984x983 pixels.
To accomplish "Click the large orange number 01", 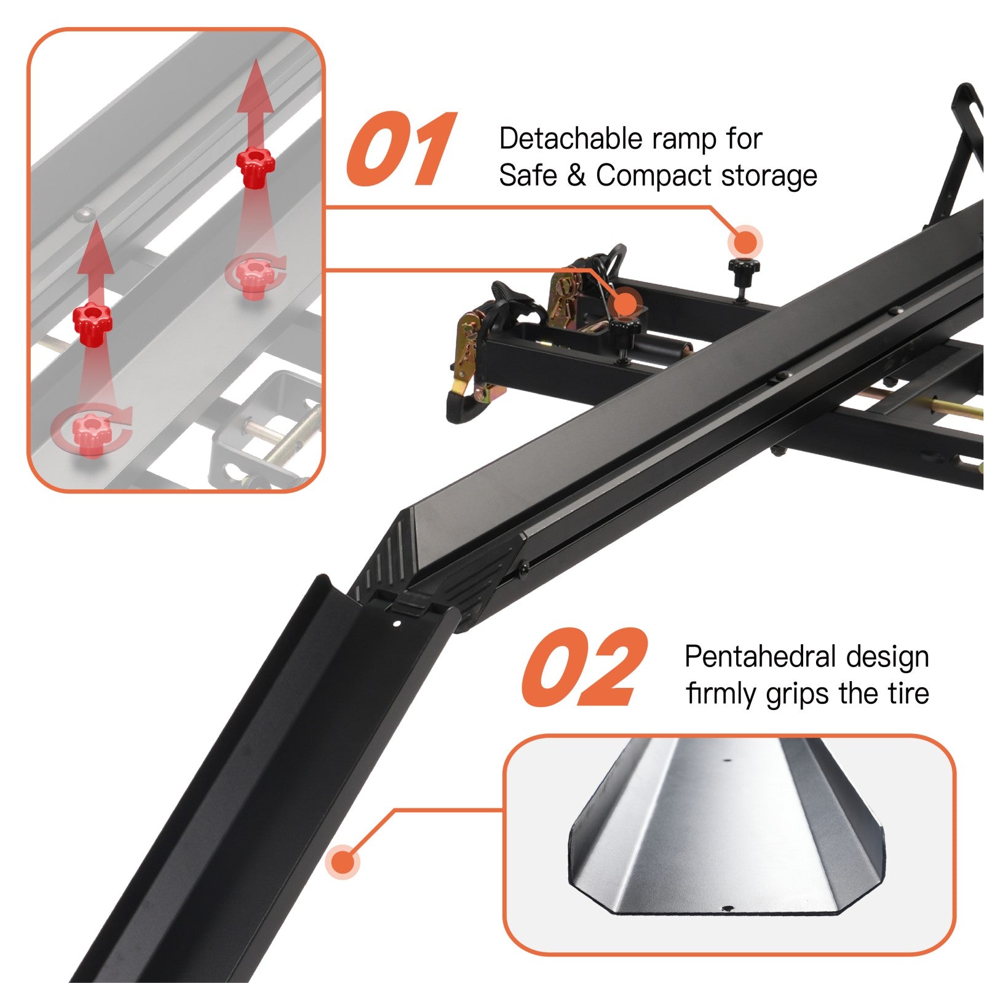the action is [401, 149].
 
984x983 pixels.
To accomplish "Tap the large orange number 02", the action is [584, 668].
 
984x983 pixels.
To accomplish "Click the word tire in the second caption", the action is [910, 693].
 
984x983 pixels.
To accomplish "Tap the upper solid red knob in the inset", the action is [256, 165].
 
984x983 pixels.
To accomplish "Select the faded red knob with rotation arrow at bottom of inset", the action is [92, 432].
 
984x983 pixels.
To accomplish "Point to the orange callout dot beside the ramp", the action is [344, 861].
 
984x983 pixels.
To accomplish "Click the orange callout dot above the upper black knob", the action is [745, 243].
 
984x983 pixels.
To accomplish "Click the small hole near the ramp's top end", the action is [397, 623].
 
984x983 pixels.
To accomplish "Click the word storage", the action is [769, 176].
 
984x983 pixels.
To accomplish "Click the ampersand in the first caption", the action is [576, 175].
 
